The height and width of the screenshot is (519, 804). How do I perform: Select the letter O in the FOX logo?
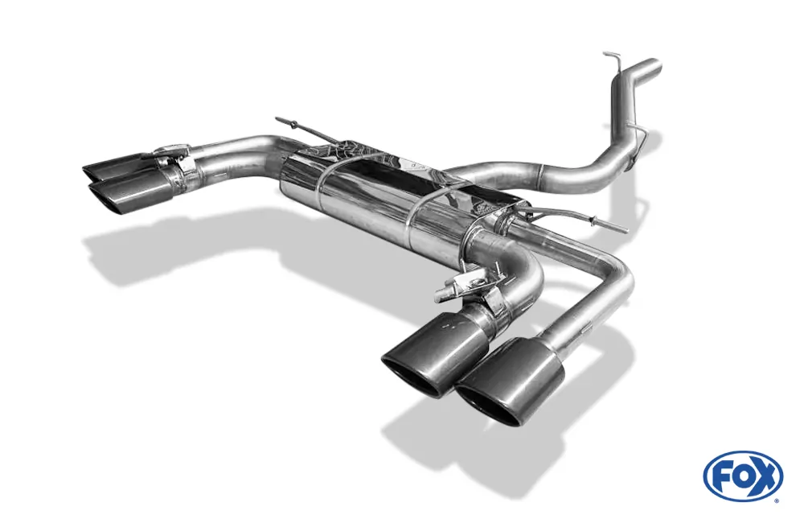745,479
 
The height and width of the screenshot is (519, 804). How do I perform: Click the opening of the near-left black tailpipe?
411,373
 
